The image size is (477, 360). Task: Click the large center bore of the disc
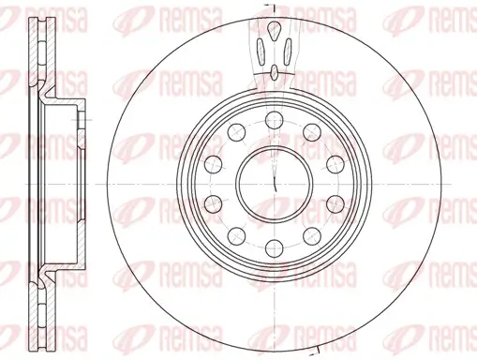[x=274, y=180]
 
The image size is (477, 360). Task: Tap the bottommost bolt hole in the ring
[x=274, y=247]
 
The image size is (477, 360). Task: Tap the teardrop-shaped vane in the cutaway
[x=274, y=33]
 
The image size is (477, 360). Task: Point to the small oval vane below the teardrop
[x=274, y=68]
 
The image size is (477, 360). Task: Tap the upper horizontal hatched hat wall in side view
[x=70, y=103]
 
